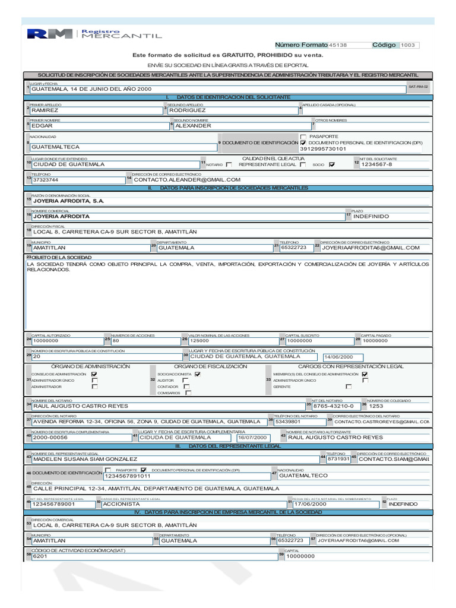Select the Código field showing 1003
(x=409, y=45)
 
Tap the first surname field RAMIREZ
(x=95, y=110)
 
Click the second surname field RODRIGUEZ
(x=232, y=110)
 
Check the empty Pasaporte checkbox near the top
(x=303, y=137)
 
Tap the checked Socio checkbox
(x=331, y=164)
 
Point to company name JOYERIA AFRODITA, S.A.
(x=69, y=201)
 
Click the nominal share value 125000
(x=232, y=341)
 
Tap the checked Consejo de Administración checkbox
(x=94, y=375)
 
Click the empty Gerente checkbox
(x=365, y=387)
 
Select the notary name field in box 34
(x=166, y=406)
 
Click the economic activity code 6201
(x=148, y=557)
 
